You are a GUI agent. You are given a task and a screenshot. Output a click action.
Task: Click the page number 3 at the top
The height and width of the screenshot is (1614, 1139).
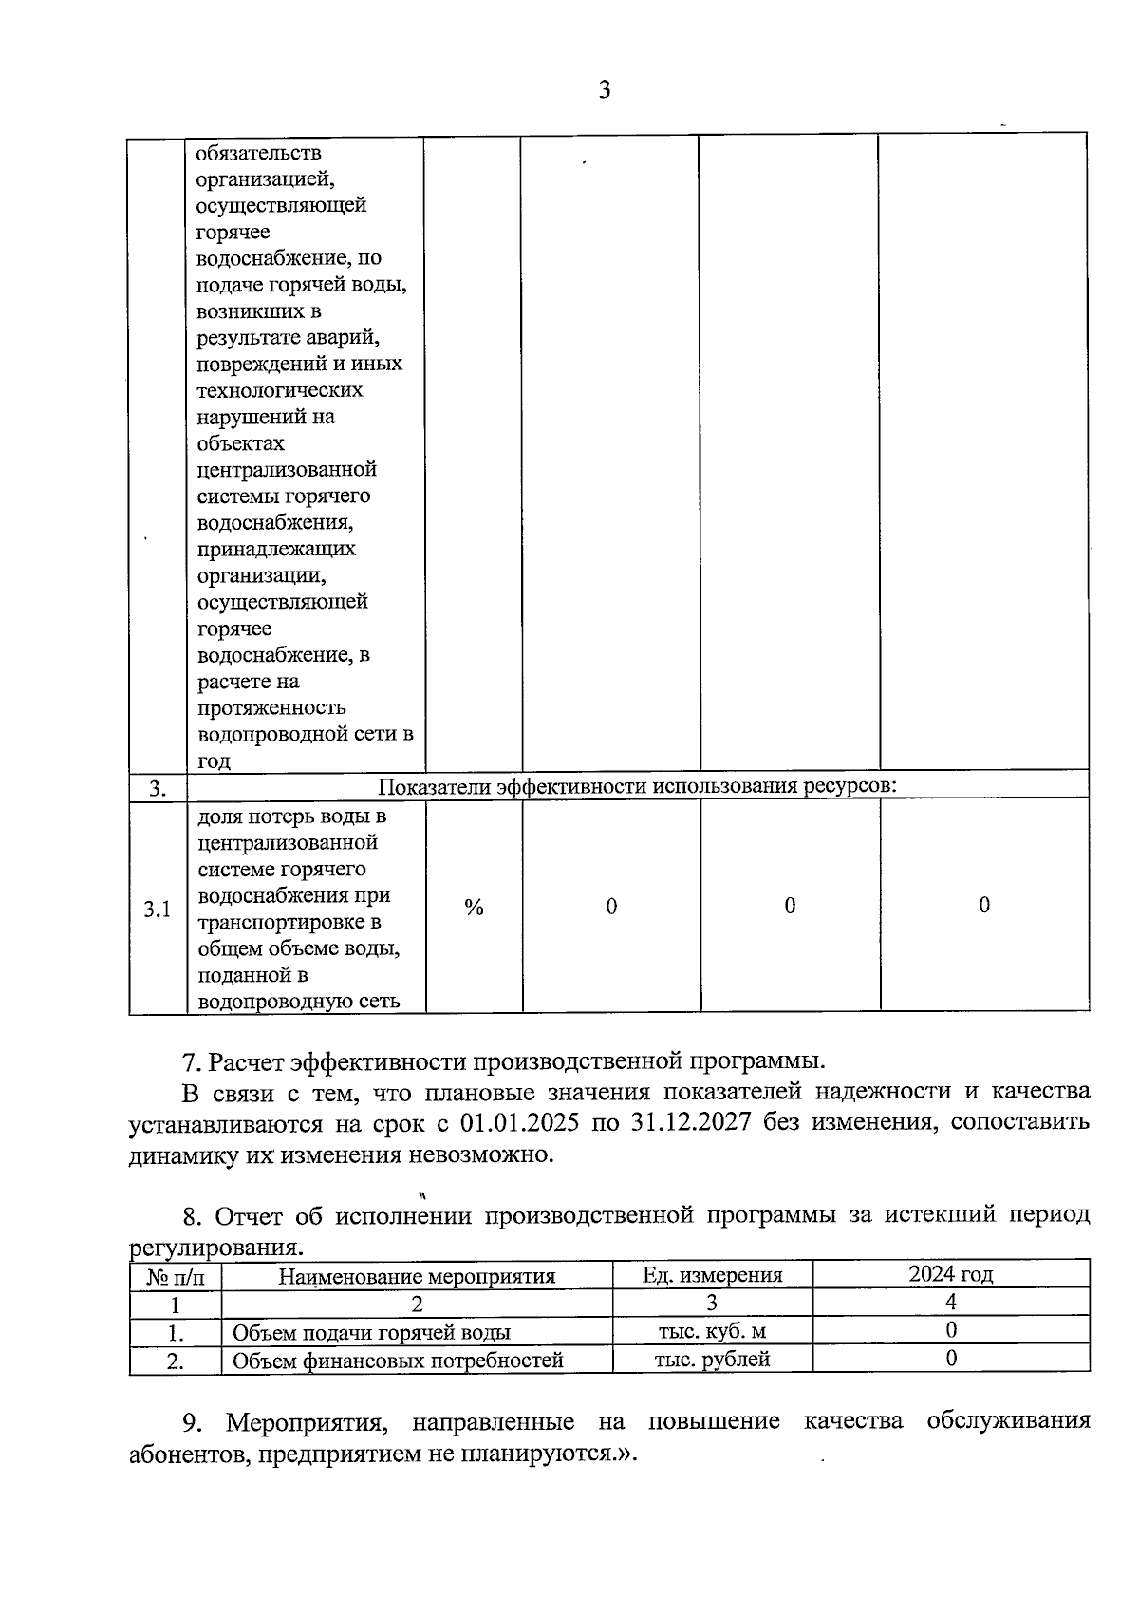[x=604, y=90]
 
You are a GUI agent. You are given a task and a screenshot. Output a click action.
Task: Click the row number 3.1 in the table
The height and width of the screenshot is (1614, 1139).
[x=157, y=910]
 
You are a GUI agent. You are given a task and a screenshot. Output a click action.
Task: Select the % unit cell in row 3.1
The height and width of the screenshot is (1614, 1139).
[x=474, y=908]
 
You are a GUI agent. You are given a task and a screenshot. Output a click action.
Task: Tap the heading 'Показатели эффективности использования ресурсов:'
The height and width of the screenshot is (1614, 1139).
[x=637, y=786]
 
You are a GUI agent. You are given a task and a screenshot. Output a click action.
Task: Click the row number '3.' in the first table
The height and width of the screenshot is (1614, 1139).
[x=158, y=788]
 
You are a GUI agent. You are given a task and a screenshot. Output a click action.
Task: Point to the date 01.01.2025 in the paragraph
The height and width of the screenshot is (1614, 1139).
[x=519, y=1122]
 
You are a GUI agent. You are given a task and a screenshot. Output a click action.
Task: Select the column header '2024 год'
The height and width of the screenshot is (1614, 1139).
[x=950, y=1274]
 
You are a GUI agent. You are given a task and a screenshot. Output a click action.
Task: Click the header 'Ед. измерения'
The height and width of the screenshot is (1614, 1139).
[x=712, y=1275]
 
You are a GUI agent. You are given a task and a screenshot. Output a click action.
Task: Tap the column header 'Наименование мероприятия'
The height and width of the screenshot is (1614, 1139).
[x=417, y=1276]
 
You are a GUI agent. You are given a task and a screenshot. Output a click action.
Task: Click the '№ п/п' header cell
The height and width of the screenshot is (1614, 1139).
[x=175, y=1276]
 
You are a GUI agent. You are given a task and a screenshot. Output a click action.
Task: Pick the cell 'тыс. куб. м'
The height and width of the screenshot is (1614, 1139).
[x=712, y=1331]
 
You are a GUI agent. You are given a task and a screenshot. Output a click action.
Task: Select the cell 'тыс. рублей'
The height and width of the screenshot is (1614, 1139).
[x=712, y=1359]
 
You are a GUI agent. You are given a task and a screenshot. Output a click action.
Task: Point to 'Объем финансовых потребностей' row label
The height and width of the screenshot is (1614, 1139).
[x=398, y=1361]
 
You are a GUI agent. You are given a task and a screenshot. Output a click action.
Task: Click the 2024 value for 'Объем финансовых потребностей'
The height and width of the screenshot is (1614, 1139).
[x=951, y=1359]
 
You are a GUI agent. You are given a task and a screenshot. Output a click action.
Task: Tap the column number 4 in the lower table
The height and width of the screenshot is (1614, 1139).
[x=951, y=1302]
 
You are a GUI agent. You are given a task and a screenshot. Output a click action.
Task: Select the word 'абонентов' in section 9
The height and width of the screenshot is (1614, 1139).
[x=187, y=1454]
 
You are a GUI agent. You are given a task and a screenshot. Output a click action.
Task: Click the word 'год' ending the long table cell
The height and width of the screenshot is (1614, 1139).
[x=214, y=760]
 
